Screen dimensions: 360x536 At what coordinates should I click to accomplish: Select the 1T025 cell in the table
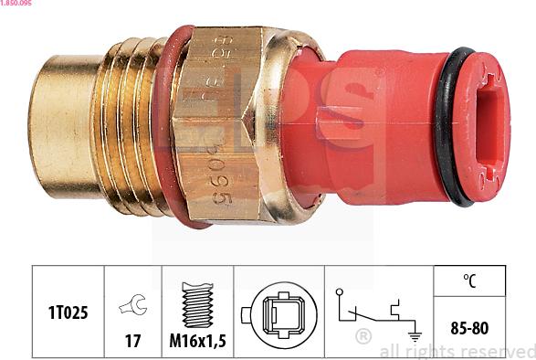[68, 312]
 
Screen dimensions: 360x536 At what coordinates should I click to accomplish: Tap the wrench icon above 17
[132, 305]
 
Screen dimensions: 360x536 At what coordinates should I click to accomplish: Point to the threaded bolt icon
[197, 305]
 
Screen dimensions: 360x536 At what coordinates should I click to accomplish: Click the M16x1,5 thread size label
[197, 343]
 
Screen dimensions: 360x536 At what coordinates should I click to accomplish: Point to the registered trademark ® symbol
[363, 336]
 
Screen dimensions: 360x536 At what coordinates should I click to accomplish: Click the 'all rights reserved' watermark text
[457, 351]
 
